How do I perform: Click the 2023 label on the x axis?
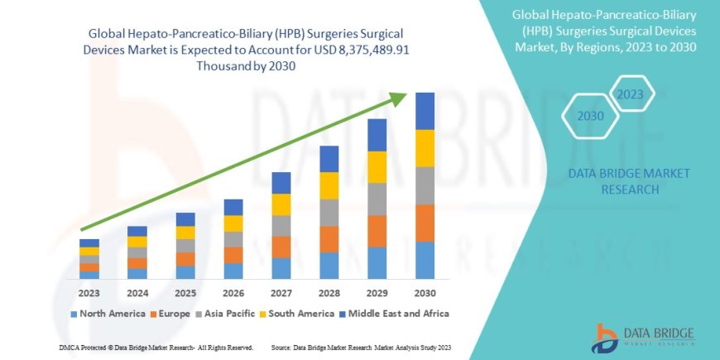click(x=89, y=292)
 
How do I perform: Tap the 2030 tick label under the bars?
click(x=425, y=292)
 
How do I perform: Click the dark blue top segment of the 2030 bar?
click(x=425, y=111)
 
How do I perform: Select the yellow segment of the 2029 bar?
click(x=377, y=167)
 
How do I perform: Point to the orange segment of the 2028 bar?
click(x=329, y=239)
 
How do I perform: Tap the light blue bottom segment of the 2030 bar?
click(x=425, y=260)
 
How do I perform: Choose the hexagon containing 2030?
click(x=590, y=117)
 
